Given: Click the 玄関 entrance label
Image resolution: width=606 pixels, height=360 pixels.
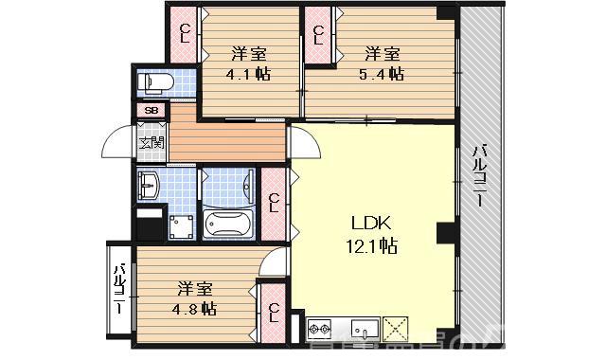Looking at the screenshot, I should pyautogui.click(x=151, y=144).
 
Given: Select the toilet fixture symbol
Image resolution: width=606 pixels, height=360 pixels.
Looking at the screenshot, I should pyautogui.click(x=153, y=83).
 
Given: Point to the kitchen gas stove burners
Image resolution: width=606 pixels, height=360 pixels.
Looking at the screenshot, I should pyautogui.click(x=320, y=331).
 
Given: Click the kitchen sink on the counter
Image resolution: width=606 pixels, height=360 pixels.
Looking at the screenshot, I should pyautogui.click(x=364, y=330).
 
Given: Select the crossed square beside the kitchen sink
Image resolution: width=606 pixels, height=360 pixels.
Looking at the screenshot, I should pyautogui.click(x=395, y=329).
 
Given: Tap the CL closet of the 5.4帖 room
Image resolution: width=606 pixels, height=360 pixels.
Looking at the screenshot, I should pyautogui.click(x=318, y=35).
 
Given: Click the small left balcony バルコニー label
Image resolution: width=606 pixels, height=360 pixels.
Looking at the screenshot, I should pyautogui.click(x=120, y=290).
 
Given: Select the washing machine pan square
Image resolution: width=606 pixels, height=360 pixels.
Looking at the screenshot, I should pyautogui.click(x=181, y=226).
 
